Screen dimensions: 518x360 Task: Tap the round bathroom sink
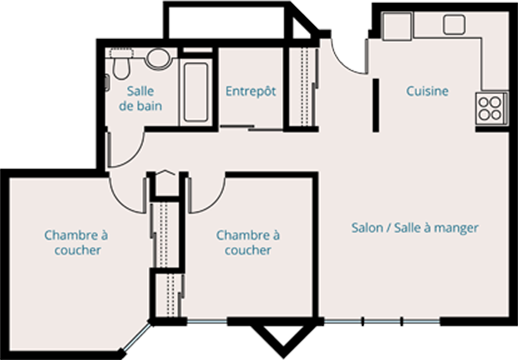click(158, 59)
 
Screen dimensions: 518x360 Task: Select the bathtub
click(196, 92)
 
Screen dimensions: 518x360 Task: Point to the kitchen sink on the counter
click(454, 25)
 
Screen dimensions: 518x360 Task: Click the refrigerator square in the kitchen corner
click(397, 26)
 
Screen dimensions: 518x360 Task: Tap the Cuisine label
click(427, 91)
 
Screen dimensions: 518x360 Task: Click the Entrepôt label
click(251, 91)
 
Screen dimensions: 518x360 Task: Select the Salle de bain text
click(140, 99)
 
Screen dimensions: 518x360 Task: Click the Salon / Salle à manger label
click(415, 228)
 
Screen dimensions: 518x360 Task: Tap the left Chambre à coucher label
click(76, 243)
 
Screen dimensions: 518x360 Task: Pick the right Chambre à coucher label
click(248, 243)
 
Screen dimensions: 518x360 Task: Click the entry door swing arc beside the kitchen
click(344, 63)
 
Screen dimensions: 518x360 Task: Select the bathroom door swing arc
click(133, 156)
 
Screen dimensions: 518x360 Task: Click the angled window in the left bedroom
click(137, 337)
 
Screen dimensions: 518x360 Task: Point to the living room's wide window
click(382, 322)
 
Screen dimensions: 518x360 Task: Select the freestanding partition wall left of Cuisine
click(376, 105)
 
